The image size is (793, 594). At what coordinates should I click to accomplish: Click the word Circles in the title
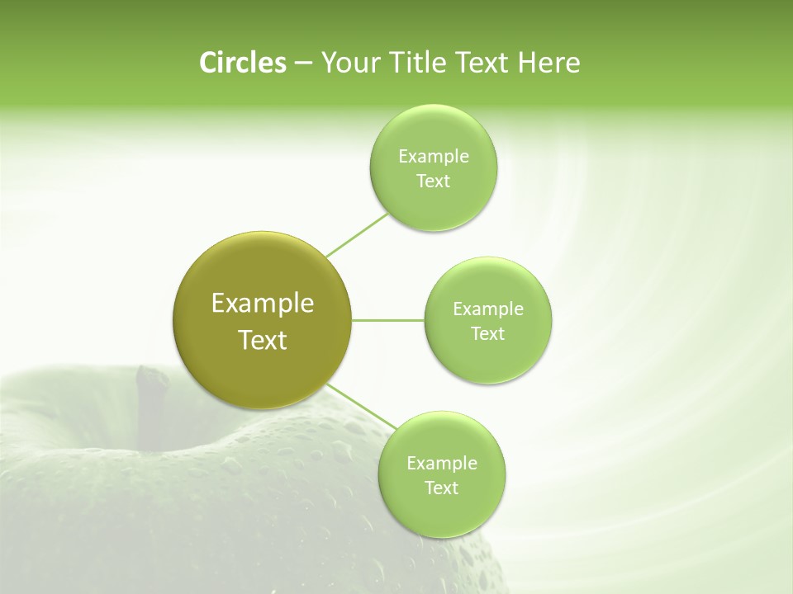(x=242, y=62)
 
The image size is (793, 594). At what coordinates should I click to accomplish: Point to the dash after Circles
(x=302, y=64)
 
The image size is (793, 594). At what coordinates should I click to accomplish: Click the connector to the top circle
(x=357, y=234)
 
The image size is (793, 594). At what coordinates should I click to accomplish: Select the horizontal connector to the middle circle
(x=388, y=319)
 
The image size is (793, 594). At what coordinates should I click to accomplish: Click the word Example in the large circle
(x=263, y=303)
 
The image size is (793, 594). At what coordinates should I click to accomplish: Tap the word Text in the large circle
(x=263, y=339)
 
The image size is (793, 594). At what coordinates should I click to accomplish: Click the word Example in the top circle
(x=433, y=156)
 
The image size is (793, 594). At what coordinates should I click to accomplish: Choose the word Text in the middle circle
(x=487, y=333)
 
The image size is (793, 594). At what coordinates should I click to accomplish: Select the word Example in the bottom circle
(x=442, y=463)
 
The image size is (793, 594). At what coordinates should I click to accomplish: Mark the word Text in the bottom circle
(x=441, y=488)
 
